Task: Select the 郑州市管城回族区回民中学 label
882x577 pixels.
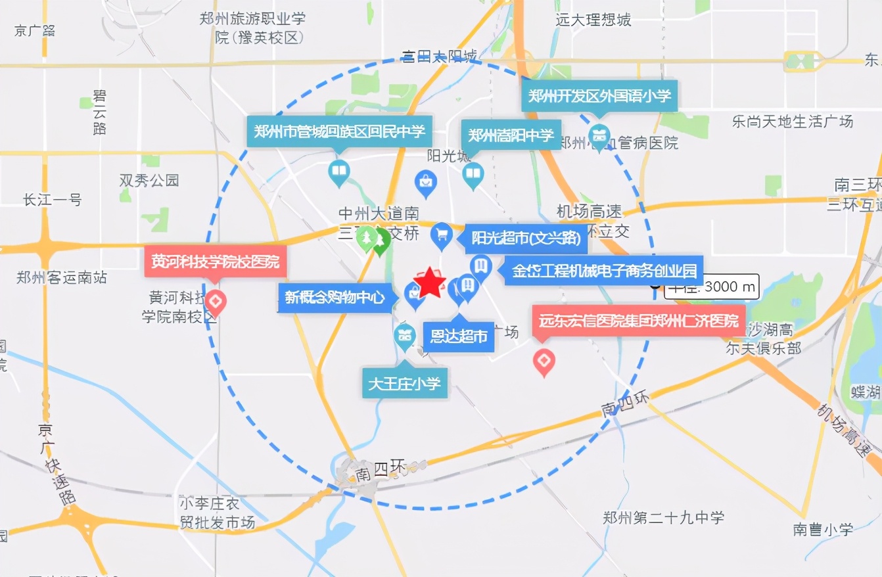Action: pyautogui.click(x=339, y=131)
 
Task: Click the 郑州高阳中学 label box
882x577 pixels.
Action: pyautogui.click(x=511, y=135)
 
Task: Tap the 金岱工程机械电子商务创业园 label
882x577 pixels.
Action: pyautogui.click(x=603, y=271)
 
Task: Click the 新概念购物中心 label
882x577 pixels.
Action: pyautogui.click(x=335, y=298)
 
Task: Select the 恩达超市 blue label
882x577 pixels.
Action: pyautogui.click(x=459, y=336)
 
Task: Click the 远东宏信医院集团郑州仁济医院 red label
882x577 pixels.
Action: pyautogui.click(x=638, y=321)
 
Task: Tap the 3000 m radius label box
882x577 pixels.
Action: pyautogui.click(x=712, y=287)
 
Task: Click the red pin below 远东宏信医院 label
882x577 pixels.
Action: pyautogui.click(x=544, y=361)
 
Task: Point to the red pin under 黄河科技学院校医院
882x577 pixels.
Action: pyautogui.click(x=216, y=302)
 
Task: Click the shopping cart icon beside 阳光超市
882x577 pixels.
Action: pyautogui.click(x=441, y=234)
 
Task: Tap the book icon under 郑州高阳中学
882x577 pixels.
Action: pyautogui.click(x=472, y=174)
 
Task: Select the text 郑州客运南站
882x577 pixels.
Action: pyautogui.click(x=62, y=277)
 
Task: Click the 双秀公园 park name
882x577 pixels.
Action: pyautogui.click(x=149, y=180)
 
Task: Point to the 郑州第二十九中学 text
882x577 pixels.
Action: pyautogui.click(x=664, y=518)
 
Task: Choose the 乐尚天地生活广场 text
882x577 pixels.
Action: pyautogui.click(x=793, y=121)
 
